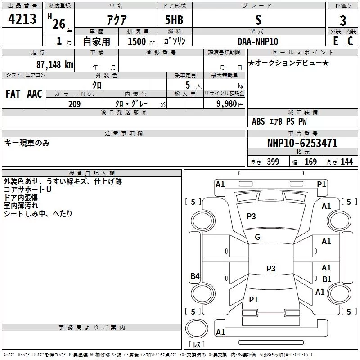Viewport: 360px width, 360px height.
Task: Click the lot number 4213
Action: click(22, 19)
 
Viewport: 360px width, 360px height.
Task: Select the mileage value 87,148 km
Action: click(55, 65)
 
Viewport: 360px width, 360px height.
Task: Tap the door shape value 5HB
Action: click(174, 20)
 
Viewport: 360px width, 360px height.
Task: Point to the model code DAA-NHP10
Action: click(258, 41)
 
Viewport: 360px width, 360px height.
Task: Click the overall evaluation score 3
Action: click(343, 21)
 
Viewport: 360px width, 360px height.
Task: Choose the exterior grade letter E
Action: click(336, 41)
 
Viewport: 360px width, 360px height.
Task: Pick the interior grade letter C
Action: click(350, 41)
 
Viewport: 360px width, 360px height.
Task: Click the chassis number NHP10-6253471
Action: click(302, 143)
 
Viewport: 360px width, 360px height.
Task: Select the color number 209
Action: click(74, 104)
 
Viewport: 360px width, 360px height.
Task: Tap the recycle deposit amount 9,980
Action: click(227, 104)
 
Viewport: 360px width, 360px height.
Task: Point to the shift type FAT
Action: click(13, 94)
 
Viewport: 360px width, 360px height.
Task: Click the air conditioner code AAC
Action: click(35, 94)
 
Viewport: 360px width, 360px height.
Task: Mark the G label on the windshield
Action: click(257, 237)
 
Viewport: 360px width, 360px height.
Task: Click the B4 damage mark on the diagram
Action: click(195, 276)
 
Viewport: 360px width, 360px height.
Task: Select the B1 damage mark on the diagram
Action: click(327, 279)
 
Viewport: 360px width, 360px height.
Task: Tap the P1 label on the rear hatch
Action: click(253, 299)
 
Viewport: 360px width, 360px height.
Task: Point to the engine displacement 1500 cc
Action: click(141, 41)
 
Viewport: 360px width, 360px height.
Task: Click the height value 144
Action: click(346, 162)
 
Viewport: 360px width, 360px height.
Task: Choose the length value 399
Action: click(273, 162)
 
